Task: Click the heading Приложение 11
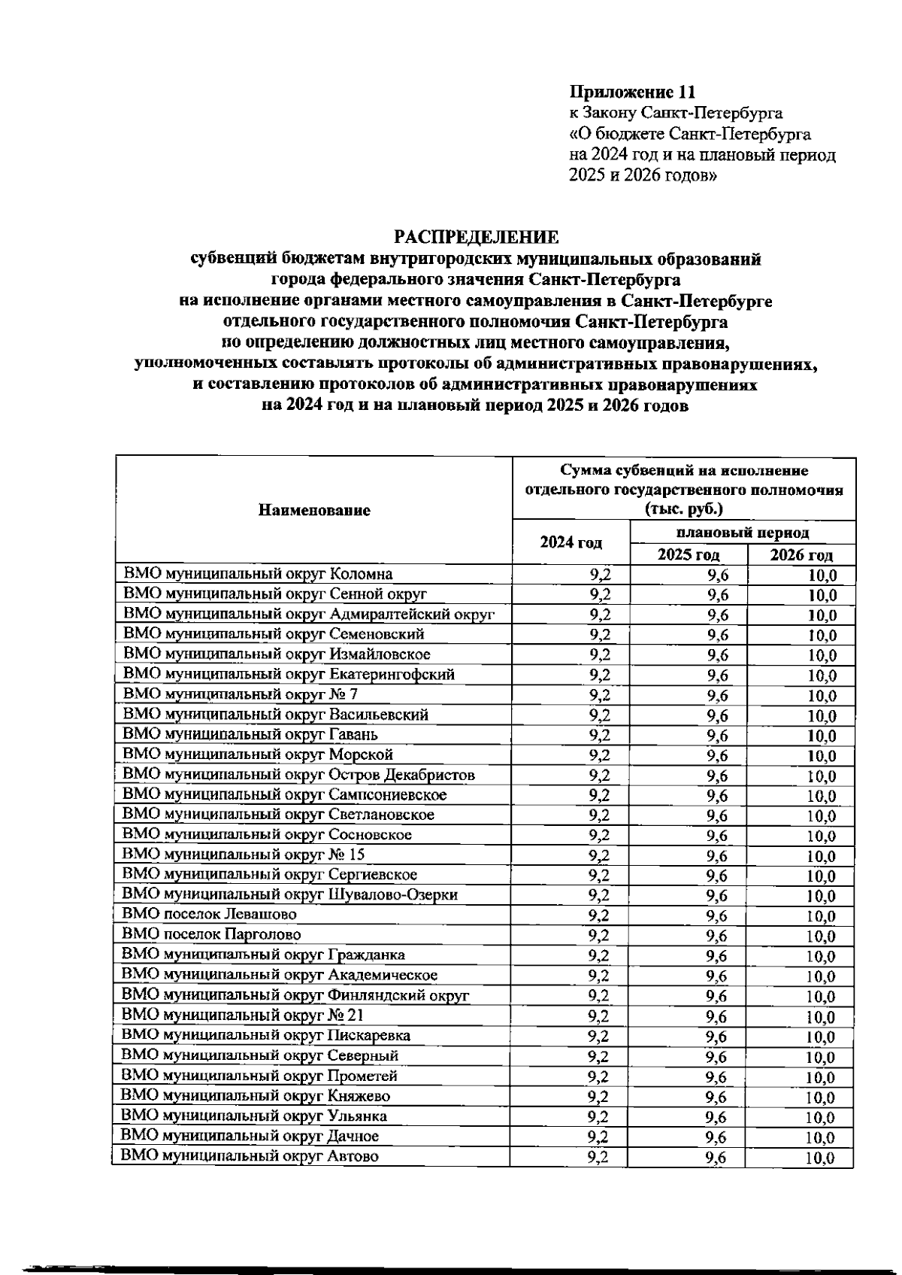pyautogui.click(x=632, y=92)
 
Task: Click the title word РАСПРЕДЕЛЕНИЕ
pyautogui.click(x=476, y=238)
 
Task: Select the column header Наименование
pyautogui.click(x=314, y=511)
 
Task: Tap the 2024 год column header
pyautogui.click(x=571, y=542)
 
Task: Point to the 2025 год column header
pyautogui.click(x=689, y=555)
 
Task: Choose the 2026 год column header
pyautogui.click(x=801, y=555)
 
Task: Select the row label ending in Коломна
pyautogui.click(x=258, y=574)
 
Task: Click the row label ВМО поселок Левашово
pyautogui.click(x=210, y=915)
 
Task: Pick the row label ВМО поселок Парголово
pyautogui.click(x=212, y=935)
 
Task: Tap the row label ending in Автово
pyautogui.click(x=250, y=1156)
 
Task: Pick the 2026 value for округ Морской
pyautogui.click(x=822, y=756)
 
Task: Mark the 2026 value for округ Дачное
pyautogui.click(x=820, y=1138)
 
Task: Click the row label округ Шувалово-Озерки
pyautogui.click(x=290, y=894)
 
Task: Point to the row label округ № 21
pyautogui.click(x=243, y=1015)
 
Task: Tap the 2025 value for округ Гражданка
pyautogui.click(x=717, y=956)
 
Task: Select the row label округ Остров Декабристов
pyautogui.click(x=298, y=775)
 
